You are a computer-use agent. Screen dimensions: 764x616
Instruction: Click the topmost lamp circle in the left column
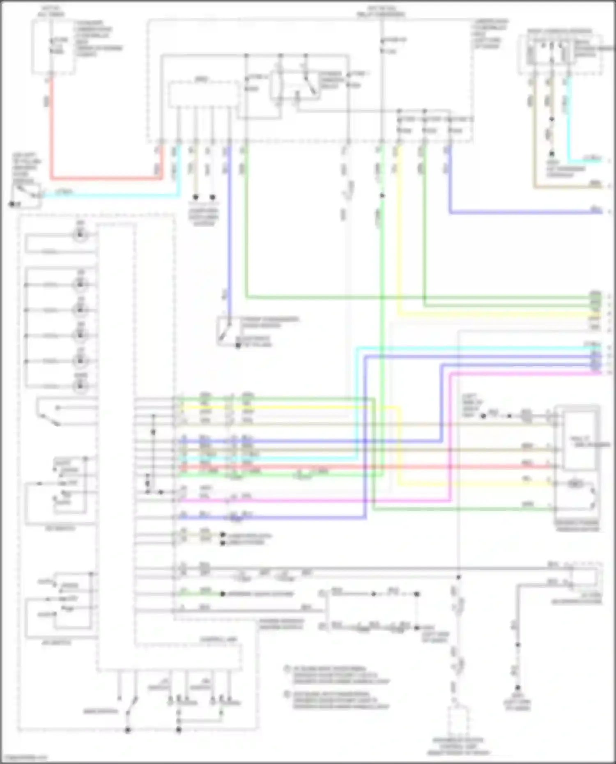click(80, 235)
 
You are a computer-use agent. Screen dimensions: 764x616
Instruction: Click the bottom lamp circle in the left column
click(80, 386)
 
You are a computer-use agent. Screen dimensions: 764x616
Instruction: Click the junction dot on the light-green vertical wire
click(382, 196)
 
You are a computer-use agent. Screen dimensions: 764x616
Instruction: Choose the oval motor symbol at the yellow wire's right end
click(575, 484)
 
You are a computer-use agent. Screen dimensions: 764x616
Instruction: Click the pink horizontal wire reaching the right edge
click(522, 374)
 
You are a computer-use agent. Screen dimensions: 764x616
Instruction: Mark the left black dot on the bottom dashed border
click(128, 730)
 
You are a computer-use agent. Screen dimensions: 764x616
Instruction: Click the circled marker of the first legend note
click(287, 669)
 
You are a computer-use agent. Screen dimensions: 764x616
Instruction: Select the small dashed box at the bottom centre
click(458, 723)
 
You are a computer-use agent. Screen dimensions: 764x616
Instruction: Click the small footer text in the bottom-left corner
click(24, 757)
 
